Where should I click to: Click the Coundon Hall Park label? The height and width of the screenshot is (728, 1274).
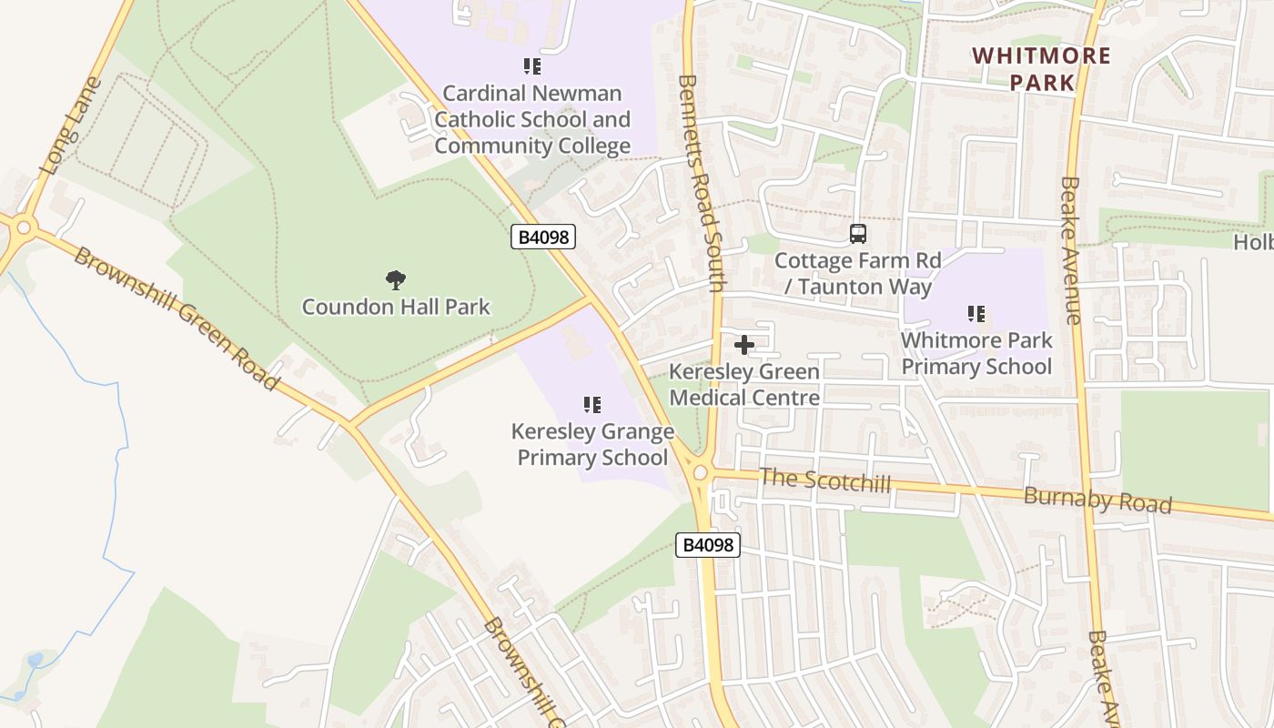396,307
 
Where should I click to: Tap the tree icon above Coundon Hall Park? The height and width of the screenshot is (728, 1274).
395,279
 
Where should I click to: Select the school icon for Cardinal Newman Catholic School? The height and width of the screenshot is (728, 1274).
532,66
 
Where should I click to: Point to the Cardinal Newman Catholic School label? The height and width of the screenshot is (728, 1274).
532,119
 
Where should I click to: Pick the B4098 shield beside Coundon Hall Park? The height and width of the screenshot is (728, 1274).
543,238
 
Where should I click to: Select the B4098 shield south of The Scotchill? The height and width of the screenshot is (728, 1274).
708,545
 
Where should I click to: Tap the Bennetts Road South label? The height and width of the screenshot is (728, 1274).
701,182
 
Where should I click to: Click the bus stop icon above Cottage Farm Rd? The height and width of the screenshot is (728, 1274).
857,234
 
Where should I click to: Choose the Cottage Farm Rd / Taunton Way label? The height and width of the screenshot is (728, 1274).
857,274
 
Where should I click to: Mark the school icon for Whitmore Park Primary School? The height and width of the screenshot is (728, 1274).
976,314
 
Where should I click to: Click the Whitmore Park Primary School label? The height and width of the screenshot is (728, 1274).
976,353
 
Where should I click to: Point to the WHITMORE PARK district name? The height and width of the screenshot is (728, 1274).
1041,68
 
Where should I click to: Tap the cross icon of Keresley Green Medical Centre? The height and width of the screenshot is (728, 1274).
744,345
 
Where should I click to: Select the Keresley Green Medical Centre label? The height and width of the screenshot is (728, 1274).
744,384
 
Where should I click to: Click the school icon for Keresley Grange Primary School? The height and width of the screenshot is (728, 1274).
592,404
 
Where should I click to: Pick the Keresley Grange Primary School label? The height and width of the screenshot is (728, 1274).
592,444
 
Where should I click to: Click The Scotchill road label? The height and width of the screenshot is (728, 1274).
825,480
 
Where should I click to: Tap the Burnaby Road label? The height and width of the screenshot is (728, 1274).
1097,500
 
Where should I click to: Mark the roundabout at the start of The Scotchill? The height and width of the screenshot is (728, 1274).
700,472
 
